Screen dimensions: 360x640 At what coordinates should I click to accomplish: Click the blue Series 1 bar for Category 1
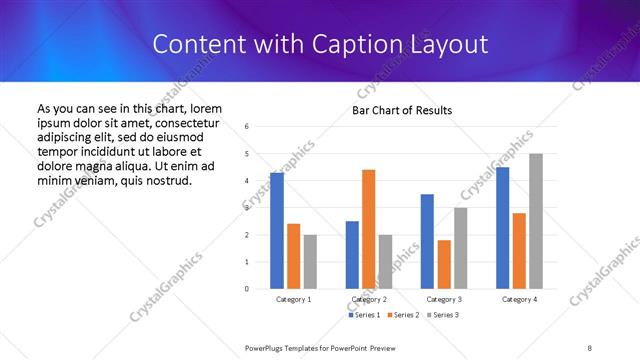(x=277, y=231)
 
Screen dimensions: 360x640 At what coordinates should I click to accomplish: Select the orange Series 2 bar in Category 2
(x=369, y=229)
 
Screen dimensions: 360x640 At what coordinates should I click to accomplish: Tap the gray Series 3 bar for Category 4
(x=536, y=221)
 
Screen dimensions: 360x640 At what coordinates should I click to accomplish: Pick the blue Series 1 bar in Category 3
(x=427, y=241)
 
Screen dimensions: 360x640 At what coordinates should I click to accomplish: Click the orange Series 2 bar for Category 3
(x=444, y=264)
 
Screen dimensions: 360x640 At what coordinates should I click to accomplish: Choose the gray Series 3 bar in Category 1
(x=310, y=262)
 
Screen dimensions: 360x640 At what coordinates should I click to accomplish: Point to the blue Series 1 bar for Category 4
(x=503, y=228)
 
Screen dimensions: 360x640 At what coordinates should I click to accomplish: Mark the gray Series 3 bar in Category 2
(x=386, y=262)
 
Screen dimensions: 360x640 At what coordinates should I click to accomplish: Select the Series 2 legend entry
(x=402, y=315)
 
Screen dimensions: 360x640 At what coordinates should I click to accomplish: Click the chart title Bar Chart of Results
(x=402, y=110)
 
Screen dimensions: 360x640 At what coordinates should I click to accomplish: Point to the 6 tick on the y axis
(x=247, y=126)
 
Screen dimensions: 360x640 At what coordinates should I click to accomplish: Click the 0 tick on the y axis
(x=247, y=289)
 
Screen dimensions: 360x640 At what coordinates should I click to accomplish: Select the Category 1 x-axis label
(x=294, y=299)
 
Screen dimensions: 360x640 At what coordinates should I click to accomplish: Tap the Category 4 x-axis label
(x=519, y=299)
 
